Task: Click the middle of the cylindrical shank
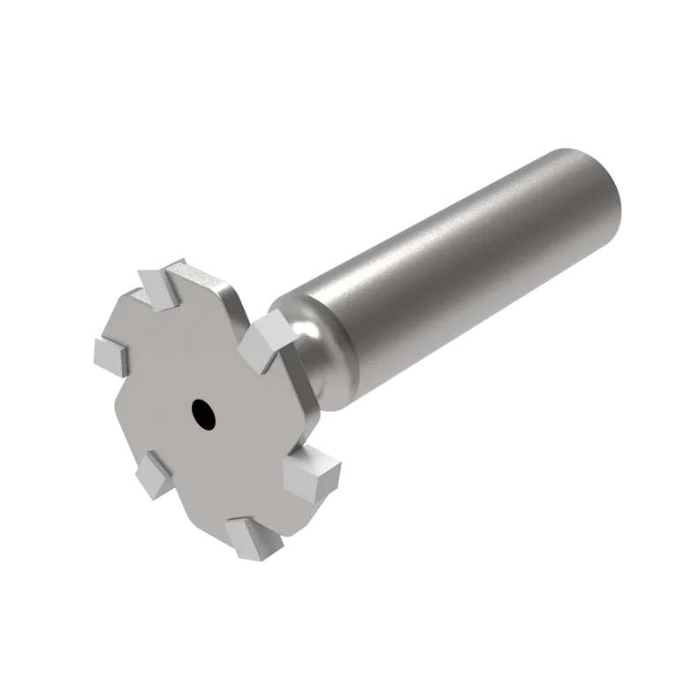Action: [460, 256]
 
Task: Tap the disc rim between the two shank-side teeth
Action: [305, 407]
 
